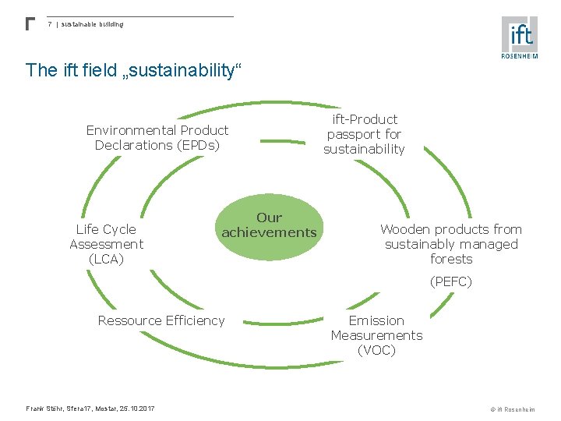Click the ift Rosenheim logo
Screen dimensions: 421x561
point(520,37)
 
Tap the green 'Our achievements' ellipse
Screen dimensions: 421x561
point(270,225)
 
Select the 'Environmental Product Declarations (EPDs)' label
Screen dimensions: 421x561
point(157,137)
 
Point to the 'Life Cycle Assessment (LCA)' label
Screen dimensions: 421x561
point(106,244)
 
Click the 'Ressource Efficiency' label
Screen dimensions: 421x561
point(161,320)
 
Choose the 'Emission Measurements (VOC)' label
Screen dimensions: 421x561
point(376,335)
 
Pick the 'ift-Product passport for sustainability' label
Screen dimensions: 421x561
point(365,134)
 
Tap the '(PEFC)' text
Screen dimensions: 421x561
point(451,281)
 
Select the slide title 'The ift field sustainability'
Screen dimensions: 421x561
point(134,70)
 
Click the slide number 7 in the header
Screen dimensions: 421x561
point(50,24)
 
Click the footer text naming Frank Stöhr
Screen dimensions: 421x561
point(90,409)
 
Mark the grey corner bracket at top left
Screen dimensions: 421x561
point(30,23)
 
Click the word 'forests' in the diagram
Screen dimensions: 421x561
point(451,259)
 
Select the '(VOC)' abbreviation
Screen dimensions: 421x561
point(376,350)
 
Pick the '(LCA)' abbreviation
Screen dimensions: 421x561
point(106,259)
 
